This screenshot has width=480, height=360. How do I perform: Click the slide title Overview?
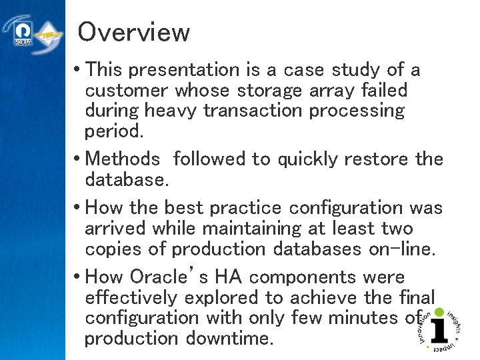[133, 31]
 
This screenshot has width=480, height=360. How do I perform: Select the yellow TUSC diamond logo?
[49, 35]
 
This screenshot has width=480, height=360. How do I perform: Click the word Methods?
[123, 159]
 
